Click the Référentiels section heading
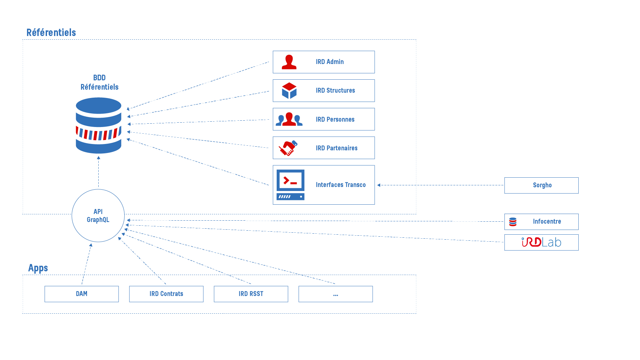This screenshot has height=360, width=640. coord(51,32)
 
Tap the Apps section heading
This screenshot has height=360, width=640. coord(38,268)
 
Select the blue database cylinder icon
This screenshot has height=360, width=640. coord(98,125)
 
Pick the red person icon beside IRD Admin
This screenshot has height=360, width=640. coord(289,62)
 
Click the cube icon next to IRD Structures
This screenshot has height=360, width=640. coord(289,91)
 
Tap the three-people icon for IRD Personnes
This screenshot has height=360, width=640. coord(289,119)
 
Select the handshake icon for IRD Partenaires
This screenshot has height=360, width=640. coord(288,148)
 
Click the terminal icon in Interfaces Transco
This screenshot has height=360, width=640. coord(290,185)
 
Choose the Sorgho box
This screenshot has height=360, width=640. coord(541,185)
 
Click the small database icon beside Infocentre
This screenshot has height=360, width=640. coord(513,222)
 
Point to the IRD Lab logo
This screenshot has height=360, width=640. coord(541,242)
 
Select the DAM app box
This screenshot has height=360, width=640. coord(82,294)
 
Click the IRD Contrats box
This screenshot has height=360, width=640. coord(166,294)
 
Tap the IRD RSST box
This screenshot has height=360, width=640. coord(251,294)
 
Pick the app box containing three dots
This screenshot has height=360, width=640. coord(336,294)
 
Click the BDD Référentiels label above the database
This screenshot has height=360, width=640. coord(99,82)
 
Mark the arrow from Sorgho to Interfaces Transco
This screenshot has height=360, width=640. coord(440,185)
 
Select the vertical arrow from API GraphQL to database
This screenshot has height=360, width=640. coord(98,171)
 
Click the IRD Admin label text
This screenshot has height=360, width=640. coord(330,62)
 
